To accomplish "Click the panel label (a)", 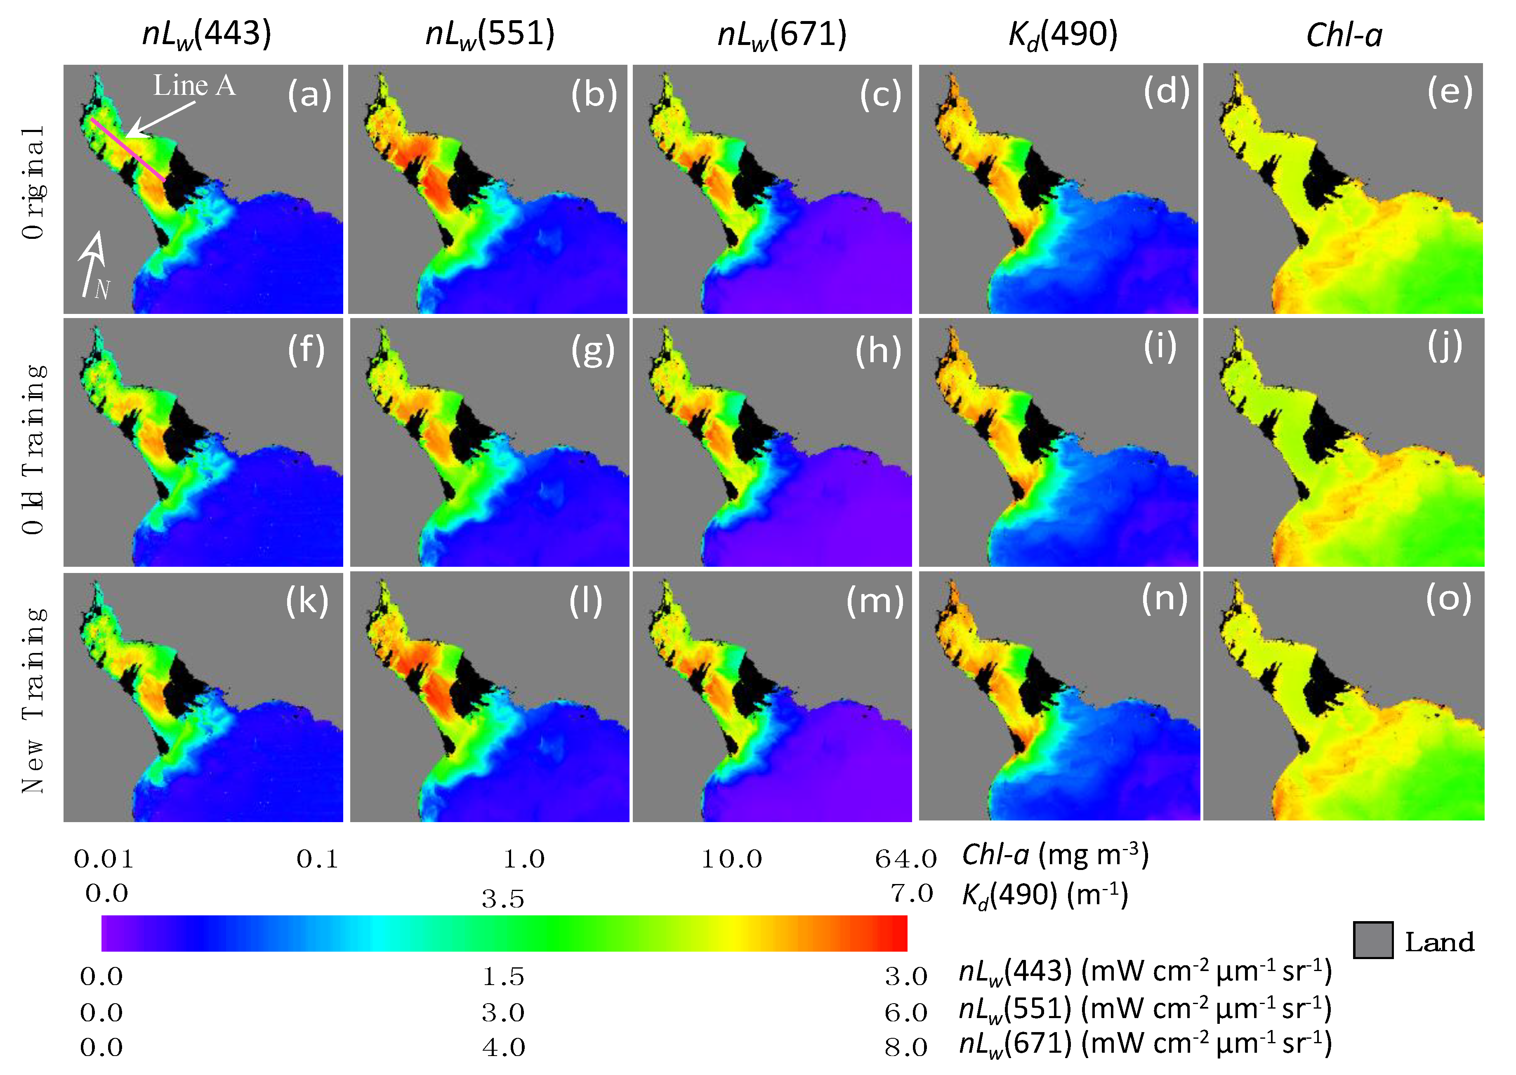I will click(309, 94).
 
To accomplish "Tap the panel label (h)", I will click(878, 350).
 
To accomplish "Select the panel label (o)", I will click(1448, 599).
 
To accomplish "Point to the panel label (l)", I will click(585, 601).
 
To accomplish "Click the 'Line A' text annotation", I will click(195, 85).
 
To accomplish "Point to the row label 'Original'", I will click(33, 182).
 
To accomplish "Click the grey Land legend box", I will click(1372, 940).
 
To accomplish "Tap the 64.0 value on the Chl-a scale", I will click(905, 859).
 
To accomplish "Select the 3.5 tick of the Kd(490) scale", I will click(502, 899).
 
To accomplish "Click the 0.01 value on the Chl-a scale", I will click(104, 859).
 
